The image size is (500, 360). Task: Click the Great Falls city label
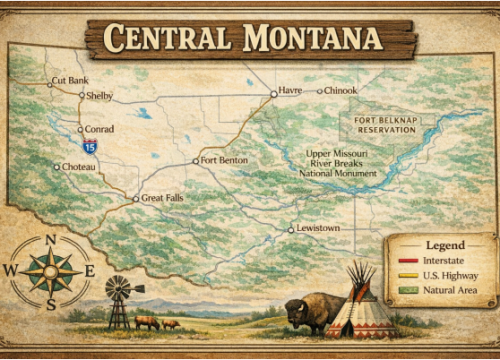pos(163,199)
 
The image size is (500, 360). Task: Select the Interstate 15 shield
pos(90,146)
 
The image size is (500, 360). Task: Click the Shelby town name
pos(100,96)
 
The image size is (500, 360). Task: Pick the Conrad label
pos(99,129)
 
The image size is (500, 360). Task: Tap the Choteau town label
pos(79,166)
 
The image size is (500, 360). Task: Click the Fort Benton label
pos(223,160)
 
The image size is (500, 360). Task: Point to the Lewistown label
pos(318,229)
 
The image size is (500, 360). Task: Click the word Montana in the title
pos(310,38)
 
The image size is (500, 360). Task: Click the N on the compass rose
pos(48,240)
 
